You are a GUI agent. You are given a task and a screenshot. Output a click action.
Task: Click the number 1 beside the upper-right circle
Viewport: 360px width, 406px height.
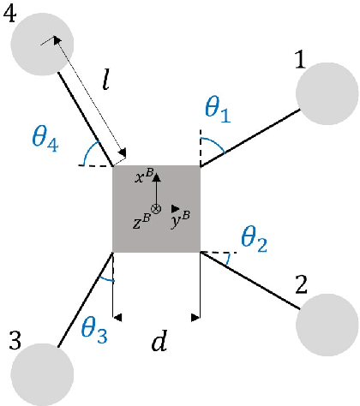pyautogui.click(x=300, y=61)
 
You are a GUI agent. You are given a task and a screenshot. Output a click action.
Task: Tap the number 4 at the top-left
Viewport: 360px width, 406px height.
pyautogui.click(x=12, y=17)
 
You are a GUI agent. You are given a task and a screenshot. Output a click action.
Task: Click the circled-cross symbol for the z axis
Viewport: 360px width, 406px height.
pyautogui.click(x=156, y=209)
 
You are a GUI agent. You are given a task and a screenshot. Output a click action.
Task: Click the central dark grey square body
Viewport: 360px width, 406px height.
pyautogui.click(x=157, y=209)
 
